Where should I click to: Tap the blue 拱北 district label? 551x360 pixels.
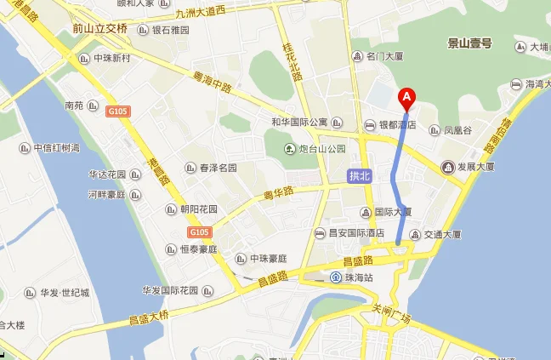[x=361, y=176]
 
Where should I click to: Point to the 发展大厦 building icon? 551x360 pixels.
[x=446, y=167]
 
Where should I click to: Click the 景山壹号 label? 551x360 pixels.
[x=469, y=43]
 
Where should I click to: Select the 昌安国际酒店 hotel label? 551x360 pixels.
[x=356, y=232]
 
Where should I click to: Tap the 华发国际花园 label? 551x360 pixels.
[x=170, y=290]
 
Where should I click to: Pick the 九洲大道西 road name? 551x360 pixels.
[x=201, y=12]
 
